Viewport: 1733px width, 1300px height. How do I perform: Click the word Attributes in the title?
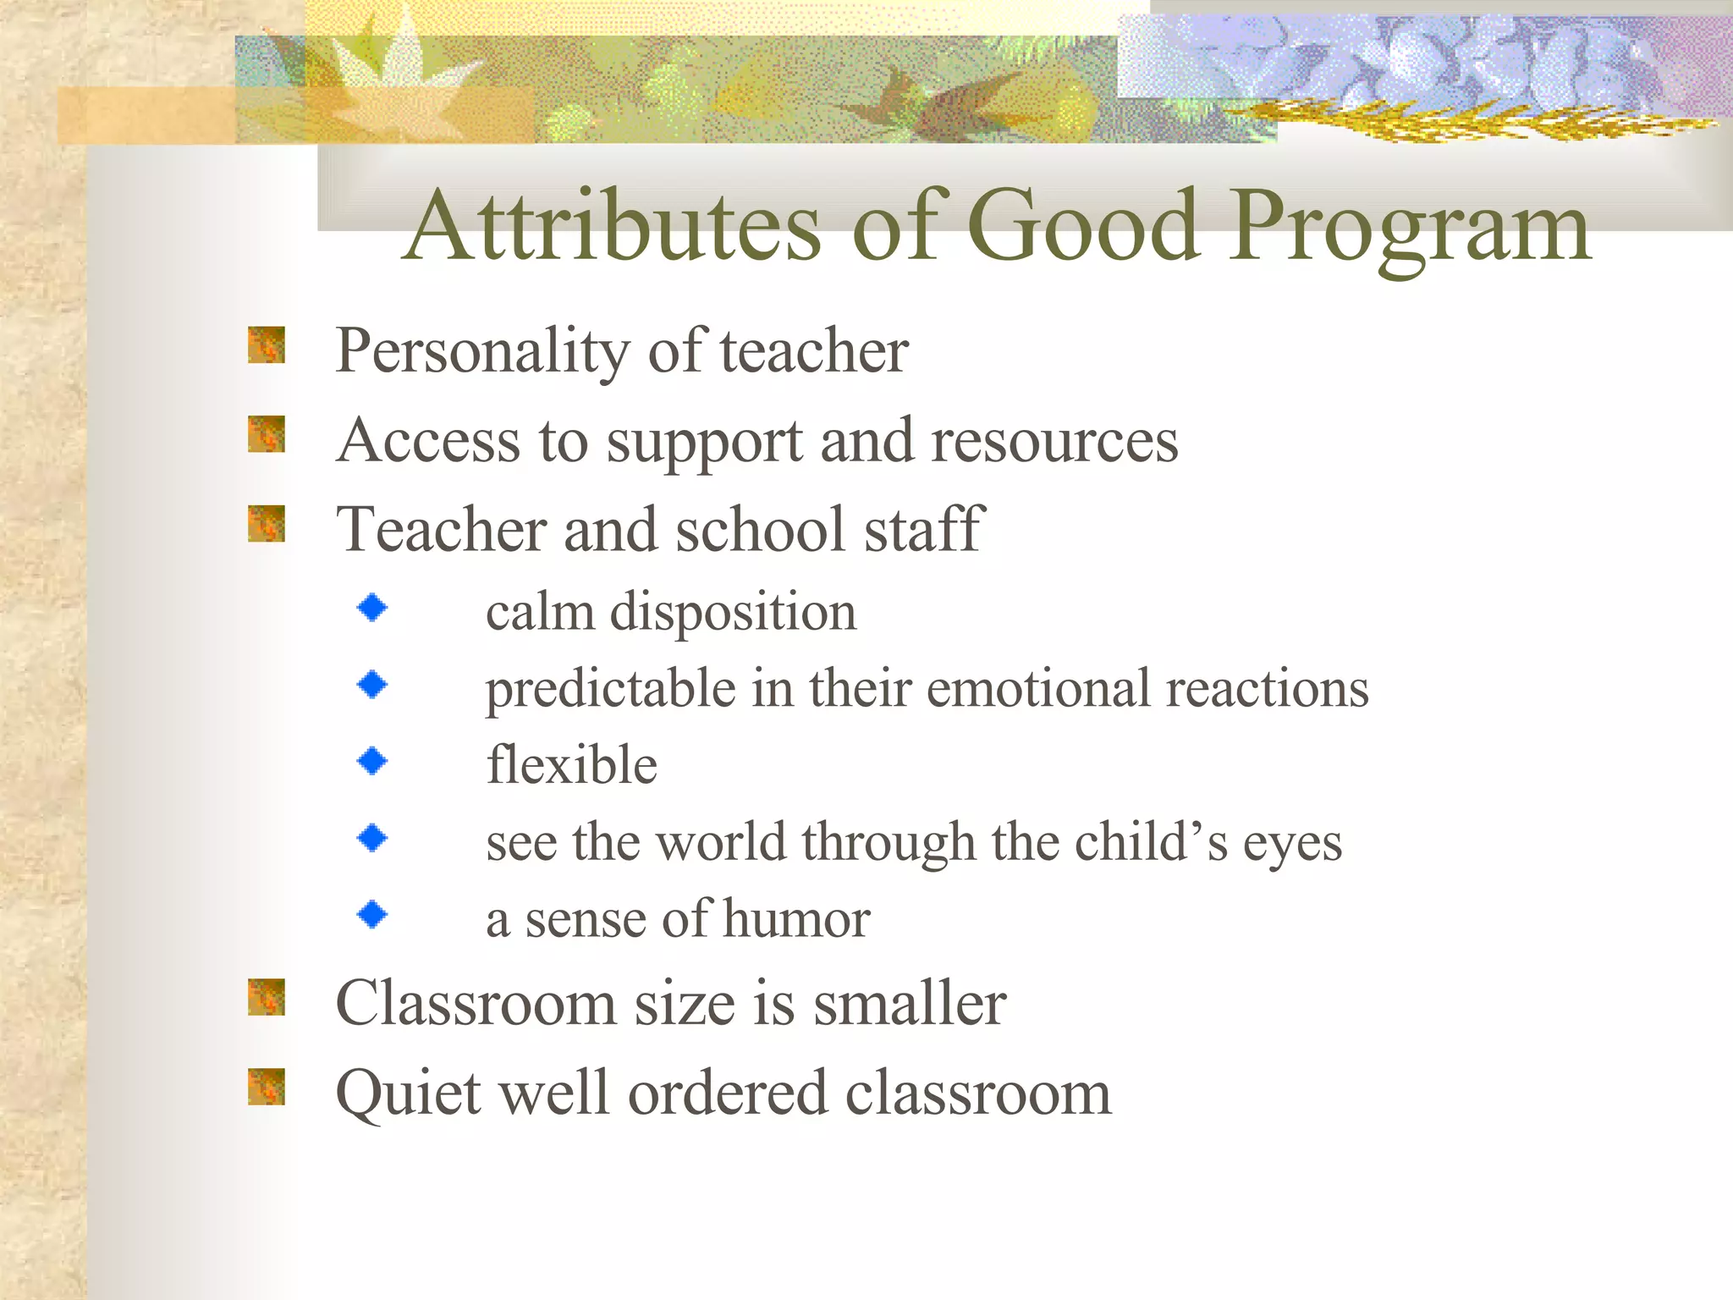click(613, 227)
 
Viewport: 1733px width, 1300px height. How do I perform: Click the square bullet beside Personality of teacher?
click(266, 345)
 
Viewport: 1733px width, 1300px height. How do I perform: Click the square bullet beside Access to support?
click(266, 435)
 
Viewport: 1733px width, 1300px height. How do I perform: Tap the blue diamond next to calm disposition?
click(372, 608)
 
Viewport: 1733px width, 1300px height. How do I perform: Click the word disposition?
click(733, 612)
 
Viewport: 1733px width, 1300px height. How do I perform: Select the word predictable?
click(610, 689)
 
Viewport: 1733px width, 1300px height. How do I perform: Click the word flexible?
click(571, 764)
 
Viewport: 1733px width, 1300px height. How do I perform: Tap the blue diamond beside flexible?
click(372, 761)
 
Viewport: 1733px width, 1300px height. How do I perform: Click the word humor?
click(795, 919)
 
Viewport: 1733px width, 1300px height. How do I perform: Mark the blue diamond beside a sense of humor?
click(372, 915)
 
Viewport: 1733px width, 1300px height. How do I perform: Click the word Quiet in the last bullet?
click(409, 1093)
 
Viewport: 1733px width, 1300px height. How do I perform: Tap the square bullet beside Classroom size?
click(266, 997)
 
